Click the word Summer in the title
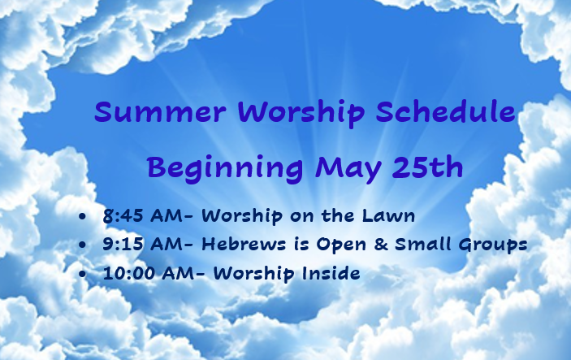coord(160,111)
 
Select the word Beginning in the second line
coord(225,168)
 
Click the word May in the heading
coord(349,169)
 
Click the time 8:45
coord(123,216)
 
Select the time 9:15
coord(123,244)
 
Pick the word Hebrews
coord(244,244)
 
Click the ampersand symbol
coord(381,244)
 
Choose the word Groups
coord(493,245)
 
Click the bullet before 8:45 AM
coord(83,216)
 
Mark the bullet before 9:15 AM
coord(83,245)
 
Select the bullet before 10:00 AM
coord(83,274)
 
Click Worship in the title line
coord(301,112)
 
